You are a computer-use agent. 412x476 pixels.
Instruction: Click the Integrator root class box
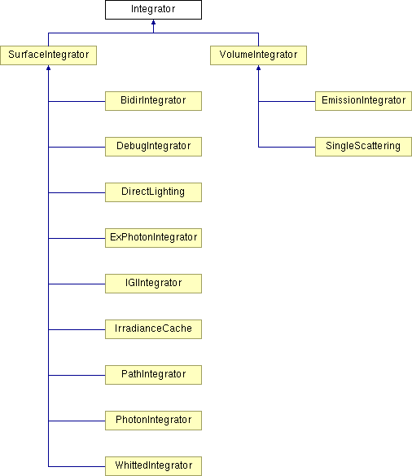153,10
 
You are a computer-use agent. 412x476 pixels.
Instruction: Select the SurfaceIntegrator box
49,55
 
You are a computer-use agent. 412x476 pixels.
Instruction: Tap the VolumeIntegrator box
258,55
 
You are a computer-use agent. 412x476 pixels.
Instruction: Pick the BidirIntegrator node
153,101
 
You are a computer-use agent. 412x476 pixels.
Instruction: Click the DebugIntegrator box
153,147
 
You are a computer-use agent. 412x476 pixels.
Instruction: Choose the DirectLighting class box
153,192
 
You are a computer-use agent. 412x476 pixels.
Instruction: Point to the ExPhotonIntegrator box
153,238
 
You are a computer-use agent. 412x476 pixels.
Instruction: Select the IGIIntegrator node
153,284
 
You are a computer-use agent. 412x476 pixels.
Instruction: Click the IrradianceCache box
153,329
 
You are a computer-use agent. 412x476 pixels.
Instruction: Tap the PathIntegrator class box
153,375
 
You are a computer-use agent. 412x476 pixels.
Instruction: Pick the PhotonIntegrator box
153,421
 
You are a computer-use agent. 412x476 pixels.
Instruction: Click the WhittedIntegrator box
153,466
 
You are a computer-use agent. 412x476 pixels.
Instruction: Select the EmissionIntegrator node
363,101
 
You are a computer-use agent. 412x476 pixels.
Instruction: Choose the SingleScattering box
363,147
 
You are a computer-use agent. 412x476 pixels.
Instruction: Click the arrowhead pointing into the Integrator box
153,23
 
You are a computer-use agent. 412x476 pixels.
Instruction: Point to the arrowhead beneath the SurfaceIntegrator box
49,68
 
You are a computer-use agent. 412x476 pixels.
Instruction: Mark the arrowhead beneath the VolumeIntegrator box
258,68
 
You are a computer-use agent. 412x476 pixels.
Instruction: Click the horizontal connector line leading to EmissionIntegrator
287,101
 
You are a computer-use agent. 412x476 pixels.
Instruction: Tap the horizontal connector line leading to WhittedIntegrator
77,466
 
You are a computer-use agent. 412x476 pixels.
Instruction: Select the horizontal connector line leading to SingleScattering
287,148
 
